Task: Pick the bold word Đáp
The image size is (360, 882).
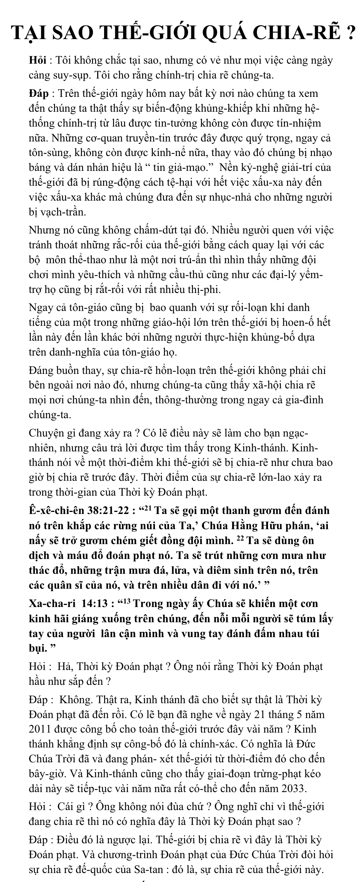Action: [x=39, y=94]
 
